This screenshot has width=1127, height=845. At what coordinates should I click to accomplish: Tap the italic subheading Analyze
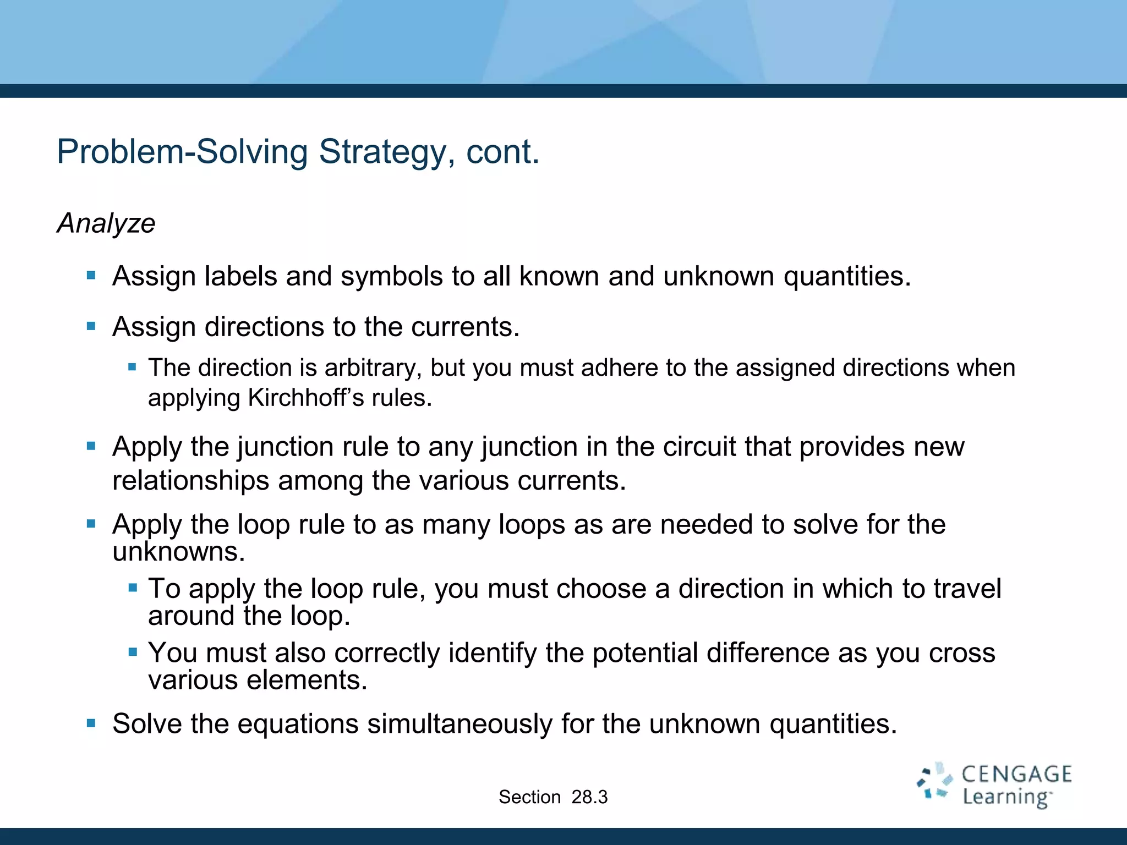[106, 223]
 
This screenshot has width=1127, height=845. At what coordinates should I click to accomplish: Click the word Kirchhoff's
[305, 398]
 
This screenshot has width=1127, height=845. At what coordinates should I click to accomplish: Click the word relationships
[190, 480]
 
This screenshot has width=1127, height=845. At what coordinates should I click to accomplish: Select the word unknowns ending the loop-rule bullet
[178, 552]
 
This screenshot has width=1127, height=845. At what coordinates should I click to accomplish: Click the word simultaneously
[459, 723]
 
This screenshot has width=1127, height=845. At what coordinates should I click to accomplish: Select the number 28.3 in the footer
[589, 797]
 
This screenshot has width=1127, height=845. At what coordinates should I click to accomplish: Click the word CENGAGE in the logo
[1016, 775]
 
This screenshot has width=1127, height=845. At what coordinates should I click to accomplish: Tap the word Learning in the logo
[1005, 797]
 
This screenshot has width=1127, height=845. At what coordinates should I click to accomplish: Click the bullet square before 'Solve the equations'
[91, 723]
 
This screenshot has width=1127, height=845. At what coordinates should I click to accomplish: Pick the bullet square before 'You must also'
[132, 652]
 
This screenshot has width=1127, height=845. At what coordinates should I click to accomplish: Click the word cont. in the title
[502, 152]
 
